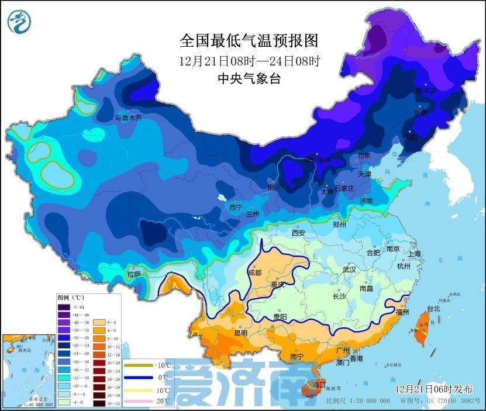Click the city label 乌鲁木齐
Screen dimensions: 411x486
point(127,118)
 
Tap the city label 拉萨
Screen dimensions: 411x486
point(133,274)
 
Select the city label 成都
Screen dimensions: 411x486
point(255,272)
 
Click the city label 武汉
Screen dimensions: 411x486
point(349,270)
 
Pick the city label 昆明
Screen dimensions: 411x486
point(240,333)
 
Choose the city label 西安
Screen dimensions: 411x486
point(298,233)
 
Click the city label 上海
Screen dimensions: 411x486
point(414,254)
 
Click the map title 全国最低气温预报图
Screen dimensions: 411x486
point(249,40)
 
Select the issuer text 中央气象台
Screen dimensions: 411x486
point(249,79)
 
